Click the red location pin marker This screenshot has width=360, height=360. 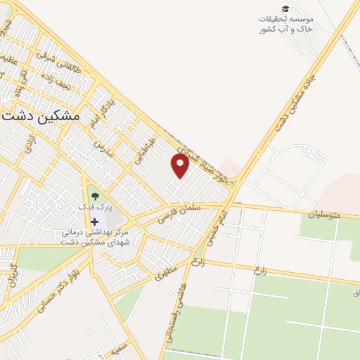pyautogui.click(x=181, y=166)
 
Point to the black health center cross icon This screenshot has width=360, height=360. pyautogui.click(x=95, y=222)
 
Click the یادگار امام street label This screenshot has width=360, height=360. pyautogui.click(x=99, y=115)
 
